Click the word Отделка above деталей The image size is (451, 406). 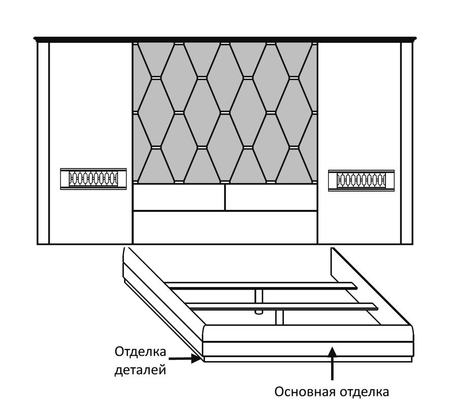click(140, 352)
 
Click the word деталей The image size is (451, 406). click(140, 369)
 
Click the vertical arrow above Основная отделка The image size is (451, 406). click(333, 364)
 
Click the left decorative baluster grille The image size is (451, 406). click(93, 179)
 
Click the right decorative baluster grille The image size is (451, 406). click(361, 180)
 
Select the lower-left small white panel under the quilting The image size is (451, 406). click(179, 197)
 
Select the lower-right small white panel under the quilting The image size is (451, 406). click(271, 197)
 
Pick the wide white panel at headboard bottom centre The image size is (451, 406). click(225, 228)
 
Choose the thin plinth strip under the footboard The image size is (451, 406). click(308, 359)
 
